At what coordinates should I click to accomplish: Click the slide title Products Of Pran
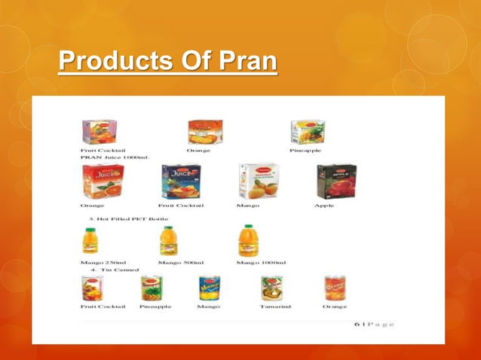[x=168, y=62]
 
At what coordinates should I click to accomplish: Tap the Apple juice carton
[x=335, y=181]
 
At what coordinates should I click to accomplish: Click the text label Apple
[x=324, y=206]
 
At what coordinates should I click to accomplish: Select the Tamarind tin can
[x=272, y=288]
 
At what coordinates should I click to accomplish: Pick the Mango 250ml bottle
[x=93, y=240]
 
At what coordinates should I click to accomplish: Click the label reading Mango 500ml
[x=180, y=262]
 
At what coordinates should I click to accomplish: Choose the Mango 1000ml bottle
[x=248, y=240]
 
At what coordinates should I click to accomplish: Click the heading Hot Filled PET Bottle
[x=129, y=219]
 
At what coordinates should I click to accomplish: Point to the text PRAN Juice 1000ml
[x=115, y=158]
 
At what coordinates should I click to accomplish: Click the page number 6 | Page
[x=374, y=324]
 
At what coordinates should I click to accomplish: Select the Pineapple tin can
[x=151, y=288]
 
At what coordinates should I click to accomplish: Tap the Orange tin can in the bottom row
[x=335, y=288]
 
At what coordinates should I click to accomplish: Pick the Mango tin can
[x=209, y=288]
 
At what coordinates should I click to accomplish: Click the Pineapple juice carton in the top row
[x=308, y=133]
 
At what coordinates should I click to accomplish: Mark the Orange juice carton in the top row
[x=204, y=133]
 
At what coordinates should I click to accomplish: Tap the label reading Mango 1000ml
[x=261, y=262]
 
